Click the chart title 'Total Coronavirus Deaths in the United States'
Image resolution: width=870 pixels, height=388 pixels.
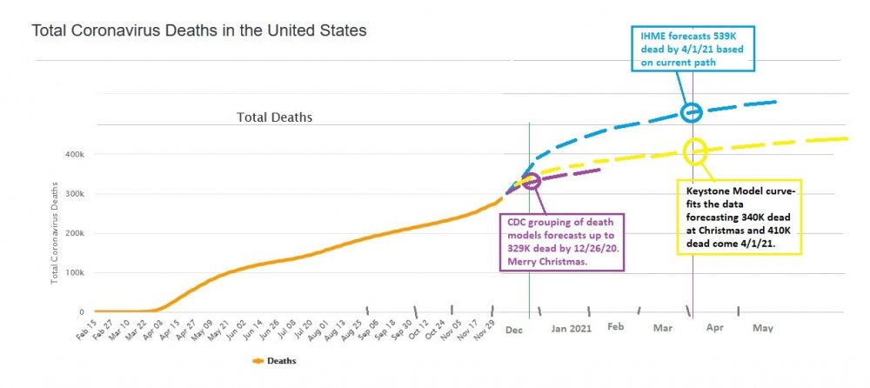[199, 30]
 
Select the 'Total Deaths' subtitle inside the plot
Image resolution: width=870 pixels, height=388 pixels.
[275, 117]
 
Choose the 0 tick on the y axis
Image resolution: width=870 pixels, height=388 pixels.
[82, 311]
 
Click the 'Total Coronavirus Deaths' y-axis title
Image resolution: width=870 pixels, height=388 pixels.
[56, 233]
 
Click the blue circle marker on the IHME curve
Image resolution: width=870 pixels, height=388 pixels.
[692, 112]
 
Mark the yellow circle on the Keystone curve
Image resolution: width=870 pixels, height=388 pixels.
[695, 151]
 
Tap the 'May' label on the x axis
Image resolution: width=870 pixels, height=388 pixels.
[762, 328]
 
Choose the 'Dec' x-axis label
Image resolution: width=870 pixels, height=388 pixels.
[514, 329]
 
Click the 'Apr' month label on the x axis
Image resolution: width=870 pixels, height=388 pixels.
[714, 329]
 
